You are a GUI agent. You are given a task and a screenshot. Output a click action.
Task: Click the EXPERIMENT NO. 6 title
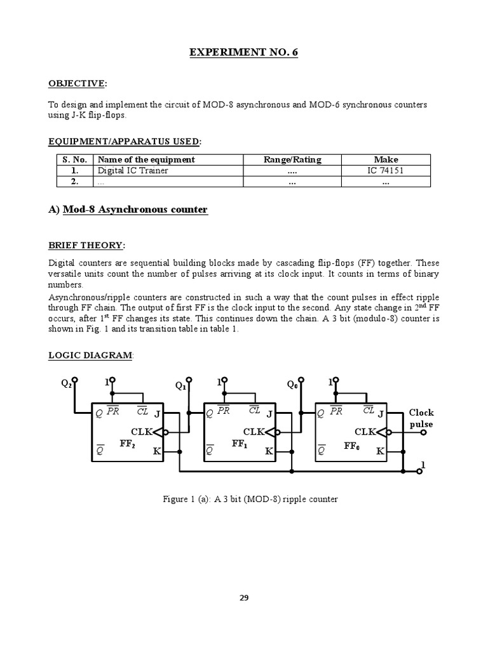click(243, 52)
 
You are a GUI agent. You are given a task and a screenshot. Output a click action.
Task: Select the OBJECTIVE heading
click(78, 83)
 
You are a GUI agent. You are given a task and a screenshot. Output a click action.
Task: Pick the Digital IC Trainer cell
click(133, 171)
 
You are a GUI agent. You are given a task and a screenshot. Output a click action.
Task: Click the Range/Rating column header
click(292, 159)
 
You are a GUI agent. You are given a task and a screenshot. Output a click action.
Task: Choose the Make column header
click(386, 159)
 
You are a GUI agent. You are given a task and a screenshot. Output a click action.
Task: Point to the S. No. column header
click(74, 159)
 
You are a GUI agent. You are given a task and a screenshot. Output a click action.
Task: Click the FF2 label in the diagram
click(128, 444)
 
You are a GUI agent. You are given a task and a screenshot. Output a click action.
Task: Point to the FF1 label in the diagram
click(240, 444)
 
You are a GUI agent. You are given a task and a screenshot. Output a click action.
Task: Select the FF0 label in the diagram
click(352, 446)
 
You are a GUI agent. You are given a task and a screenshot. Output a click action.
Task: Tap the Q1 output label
click(180, 385)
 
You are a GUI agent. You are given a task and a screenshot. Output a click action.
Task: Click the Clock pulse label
click(421, 418)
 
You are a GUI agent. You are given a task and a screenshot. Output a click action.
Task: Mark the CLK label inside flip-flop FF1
click(253, 432)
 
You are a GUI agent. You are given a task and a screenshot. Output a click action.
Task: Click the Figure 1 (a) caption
click(250, 499)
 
